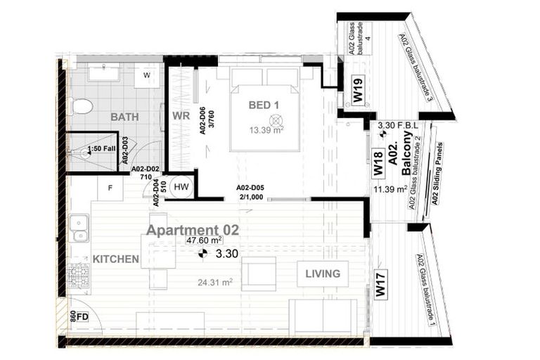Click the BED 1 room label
(x=264, y=105)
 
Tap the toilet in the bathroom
(x=82, y=107)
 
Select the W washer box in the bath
(x=147, y=75)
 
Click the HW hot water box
(x=181, y=186)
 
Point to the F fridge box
(x=110, y=188)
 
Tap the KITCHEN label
(x=115, y=259)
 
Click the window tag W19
(x=358, y=89)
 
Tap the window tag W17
(x=380, y=287)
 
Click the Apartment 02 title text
(x=192, y=230)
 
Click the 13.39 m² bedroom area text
(x=264, y=129)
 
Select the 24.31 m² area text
(x=215, y=283)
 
